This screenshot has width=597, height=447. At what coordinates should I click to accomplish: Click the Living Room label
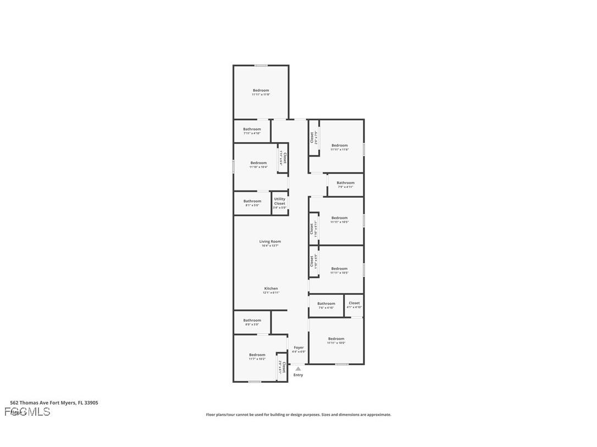270,242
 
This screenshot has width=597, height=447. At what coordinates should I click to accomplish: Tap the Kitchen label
271,288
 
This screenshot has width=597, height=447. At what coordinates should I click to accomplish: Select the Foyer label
298,348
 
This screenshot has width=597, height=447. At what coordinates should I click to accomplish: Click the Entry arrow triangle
298,368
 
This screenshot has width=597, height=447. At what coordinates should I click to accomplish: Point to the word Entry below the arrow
298,375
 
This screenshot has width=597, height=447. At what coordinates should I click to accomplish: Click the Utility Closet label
280,201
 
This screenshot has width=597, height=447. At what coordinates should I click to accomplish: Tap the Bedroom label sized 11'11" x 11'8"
261,91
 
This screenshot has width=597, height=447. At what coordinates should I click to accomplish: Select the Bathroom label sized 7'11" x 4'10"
252,129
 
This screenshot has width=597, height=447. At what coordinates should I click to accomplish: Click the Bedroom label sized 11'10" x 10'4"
258,163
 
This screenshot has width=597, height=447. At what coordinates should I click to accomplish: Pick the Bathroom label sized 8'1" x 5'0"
252,201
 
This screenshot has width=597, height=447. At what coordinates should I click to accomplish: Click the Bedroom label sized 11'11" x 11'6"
340,146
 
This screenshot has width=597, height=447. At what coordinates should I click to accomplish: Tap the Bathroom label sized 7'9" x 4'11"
345,183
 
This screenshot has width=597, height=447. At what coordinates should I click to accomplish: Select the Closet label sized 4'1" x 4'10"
354,303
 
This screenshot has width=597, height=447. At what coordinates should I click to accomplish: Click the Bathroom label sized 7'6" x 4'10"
326,304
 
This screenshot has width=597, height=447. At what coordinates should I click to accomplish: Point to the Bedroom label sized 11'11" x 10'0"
336,339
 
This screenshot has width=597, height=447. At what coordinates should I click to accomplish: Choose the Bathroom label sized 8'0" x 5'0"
252,320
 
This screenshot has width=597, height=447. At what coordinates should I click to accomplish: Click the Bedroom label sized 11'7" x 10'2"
257,355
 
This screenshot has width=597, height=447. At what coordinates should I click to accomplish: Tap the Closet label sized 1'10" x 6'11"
312,228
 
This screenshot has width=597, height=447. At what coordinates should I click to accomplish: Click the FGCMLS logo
27,412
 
